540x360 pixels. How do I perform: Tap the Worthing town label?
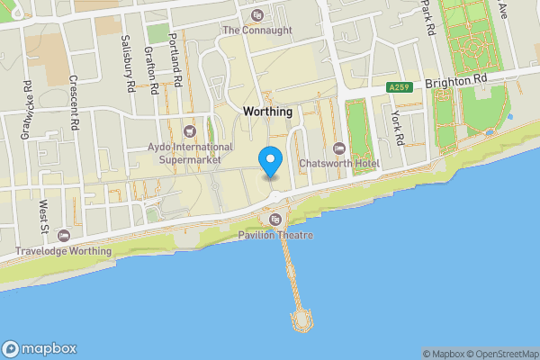267,112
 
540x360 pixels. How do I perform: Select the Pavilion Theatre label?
275,236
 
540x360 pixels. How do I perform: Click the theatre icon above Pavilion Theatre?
275,220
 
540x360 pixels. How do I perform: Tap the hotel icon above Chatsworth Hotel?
339,148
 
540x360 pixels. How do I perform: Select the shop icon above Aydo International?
189,131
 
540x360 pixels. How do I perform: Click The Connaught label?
257,30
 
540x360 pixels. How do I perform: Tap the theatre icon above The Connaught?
257,14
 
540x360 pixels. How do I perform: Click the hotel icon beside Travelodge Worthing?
62,235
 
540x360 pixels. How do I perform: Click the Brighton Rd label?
455,79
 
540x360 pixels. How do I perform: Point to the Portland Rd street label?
178,67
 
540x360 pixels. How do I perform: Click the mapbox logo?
40,349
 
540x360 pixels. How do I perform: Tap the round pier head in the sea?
302,319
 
